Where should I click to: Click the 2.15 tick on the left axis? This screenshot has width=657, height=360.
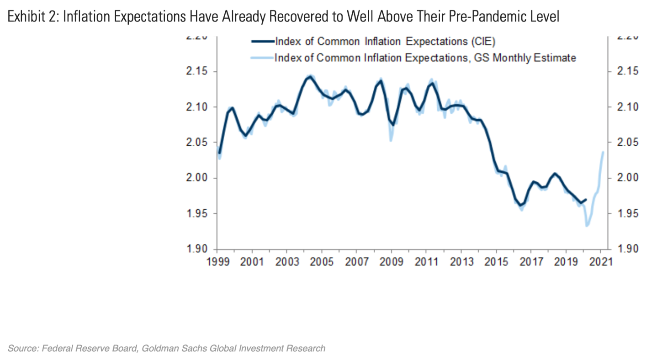coord(197,72)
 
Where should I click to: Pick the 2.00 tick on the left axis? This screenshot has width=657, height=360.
coord(197,178)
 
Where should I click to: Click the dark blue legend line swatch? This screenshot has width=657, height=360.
coord(263,42)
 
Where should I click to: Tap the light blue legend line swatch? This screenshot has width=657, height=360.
coord(263,58)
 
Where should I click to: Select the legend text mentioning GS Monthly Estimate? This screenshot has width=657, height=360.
coord(425,58)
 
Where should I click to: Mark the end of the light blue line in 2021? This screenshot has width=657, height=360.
coord(603,152)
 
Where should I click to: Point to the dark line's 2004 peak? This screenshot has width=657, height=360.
coord(310,77)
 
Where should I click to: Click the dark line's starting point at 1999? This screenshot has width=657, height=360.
coord(219,153)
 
